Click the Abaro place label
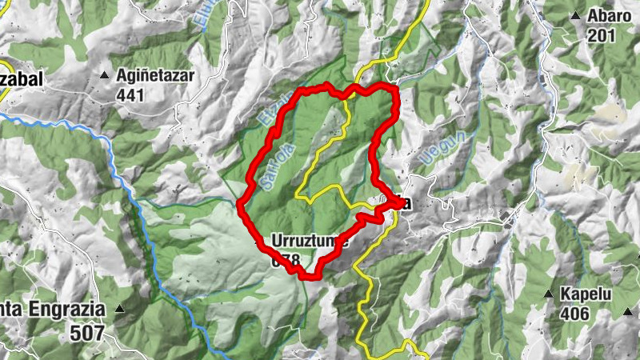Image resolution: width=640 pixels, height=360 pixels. pos(610,16)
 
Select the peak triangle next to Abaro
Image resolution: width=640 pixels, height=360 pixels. pos(574,15)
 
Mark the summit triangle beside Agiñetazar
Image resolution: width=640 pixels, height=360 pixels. pos(104,76)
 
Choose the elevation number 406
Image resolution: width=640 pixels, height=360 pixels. pos(575,313)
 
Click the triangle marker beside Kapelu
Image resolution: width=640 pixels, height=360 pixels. pos(549,294)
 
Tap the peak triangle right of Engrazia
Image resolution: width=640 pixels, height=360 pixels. pos(120,308)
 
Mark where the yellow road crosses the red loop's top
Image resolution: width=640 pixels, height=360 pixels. pos(349,93)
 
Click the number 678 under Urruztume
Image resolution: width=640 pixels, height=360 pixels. pos(285,261)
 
